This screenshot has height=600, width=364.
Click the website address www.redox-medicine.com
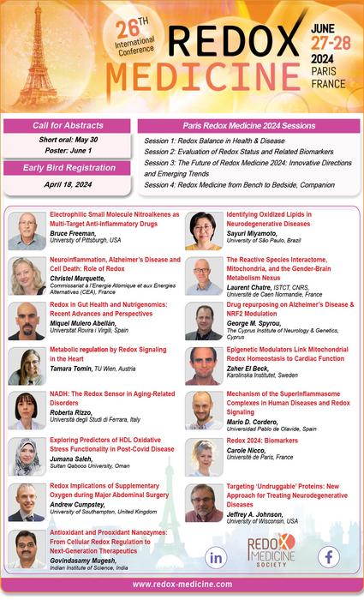[x=182, y=583]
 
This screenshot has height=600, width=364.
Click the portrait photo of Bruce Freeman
[x=26, y=231]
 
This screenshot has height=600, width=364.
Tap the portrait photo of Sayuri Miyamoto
[x=203, y=231]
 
